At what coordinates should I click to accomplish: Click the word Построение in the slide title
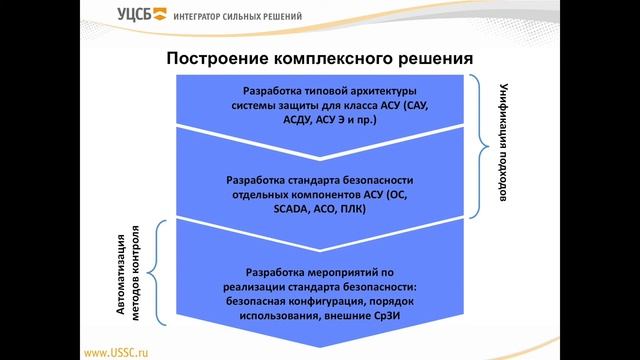pos(216,59)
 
